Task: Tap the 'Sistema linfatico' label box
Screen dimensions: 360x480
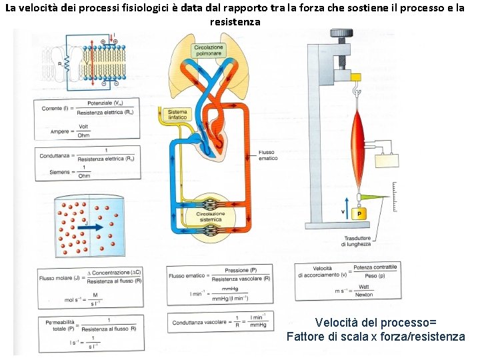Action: [x=178, y=114]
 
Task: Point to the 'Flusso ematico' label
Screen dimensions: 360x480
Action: [x=269, y=155]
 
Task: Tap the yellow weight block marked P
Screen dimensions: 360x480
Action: [x=359, y=214]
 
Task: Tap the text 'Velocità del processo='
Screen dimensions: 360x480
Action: [x=376, y=323]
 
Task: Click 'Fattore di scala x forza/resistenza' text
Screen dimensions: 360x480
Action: [x=376, y=337]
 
